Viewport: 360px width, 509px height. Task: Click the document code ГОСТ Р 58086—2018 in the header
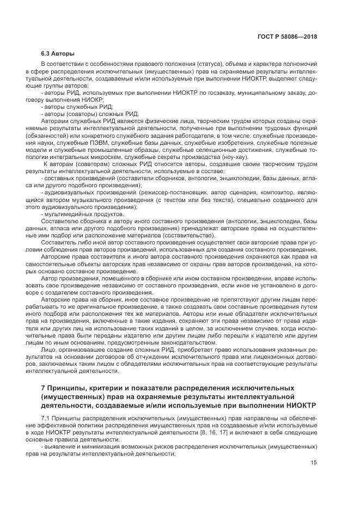[x=287, y=37]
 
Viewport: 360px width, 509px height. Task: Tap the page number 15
[x=313, y=463]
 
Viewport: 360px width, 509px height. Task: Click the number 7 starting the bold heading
[x=43, y=388]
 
